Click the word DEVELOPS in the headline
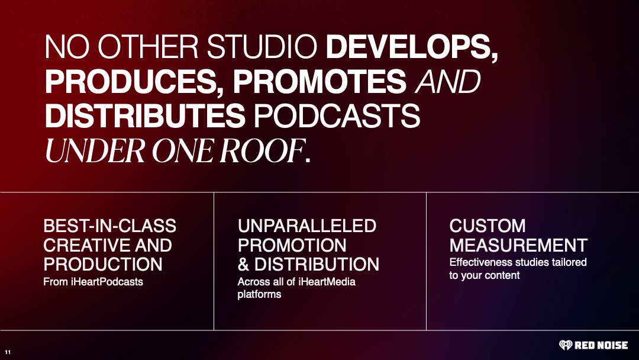click(x=409, y=46)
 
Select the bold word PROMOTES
click(x=319, y=81)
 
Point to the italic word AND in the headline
click(x=447, y=81)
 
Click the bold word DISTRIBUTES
click(x=145, y=116)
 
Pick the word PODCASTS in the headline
click(x=337, y=116)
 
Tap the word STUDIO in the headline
click(x=262, y=46)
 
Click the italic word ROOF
click(x=262, y=151)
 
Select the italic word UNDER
click(x=95, y=151)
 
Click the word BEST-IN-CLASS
click(x=109, y=226)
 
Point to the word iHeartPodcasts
click(x=106, y=282)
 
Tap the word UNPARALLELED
click(x=307, y=226)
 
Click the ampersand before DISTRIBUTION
click(x=243, y=264)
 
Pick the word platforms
click(x=259, y=294)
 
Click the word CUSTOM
click(x=488, y=226)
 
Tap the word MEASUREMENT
click(x=518, y=246)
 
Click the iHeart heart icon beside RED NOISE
click(x=565, y=345)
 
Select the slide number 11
click(x=8, y=352)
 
